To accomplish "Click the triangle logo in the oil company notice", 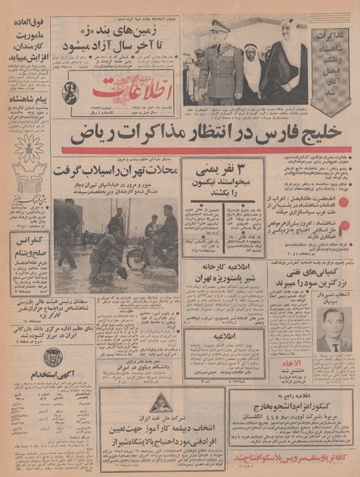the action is pos(159,402).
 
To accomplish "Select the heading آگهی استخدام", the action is pos(29,373).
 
